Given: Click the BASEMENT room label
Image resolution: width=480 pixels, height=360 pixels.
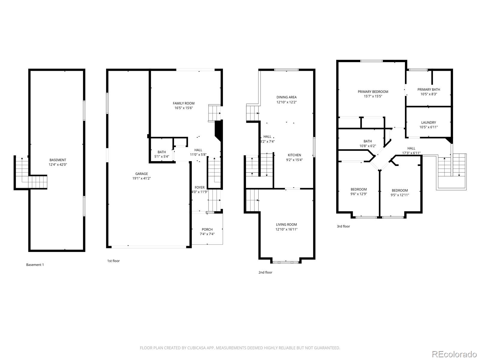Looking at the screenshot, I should (58, 160).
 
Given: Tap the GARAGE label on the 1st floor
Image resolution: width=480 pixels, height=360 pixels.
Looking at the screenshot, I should (141, 174).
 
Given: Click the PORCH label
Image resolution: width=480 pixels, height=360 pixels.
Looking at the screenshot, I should (207, 229).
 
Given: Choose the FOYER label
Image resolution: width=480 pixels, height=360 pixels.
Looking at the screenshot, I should (199, 187).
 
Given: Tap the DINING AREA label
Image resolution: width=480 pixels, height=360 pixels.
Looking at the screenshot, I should (286, 97).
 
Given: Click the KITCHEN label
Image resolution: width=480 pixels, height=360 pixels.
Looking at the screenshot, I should (294, 155).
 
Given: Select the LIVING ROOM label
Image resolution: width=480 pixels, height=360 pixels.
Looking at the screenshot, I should (286, 224).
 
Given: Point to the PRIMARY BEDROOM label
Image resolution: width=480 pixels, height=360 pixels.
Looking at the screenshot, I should (373, 92).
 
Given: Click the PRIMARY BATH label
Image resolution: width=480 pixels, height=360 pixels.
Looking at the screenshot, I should (429, 89).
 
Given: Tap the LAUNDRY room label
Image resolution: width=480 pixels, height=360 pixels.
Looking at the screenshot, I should (428, 122).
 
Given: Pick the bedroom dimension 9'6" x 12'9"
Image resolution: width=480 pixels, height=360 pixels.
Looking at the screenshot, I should (358, 194).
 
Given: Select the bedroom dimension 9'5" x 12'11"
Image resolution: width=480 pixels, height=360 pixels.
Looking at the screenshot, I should (400, 195).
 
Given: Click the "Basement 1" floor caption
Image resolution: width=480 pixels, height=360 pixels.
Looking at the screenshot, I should (35, 265).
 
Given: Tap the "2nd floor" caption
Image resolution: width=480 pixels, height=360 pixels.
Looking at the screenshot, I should (265, 272).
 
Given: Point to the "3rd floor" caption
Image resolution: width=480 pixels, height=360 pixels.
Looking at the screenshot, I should (343, 226).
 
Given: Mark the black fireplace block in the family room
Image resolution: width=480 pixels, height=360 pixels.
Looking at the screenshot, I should (219, 129).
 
